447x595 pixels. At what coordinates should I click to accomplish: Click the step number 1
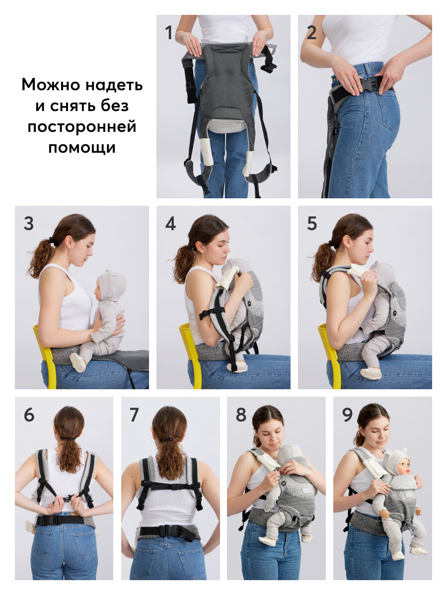tap(168, 33)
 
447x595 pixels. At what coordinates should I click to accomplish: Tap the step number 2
tap(311, 33)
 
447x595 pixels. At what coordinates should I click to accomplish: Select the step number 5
tap(312, 224)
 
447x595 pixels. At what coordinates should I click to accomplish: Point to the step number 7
tap(134, 415)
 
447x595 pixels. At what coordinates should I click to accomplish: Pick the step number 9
tap(347, 415)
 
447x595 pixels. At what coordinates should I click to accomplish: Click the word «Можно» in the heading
tap(51, 85)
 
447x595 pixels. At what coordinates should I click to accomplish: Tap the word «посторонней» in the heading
tap(82, 127)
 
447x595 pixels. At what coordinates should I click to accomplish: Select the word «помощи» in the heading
tap(82, 148)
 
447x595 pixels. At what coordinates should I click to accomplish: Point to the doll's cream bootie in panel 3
tap(78, 362)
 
